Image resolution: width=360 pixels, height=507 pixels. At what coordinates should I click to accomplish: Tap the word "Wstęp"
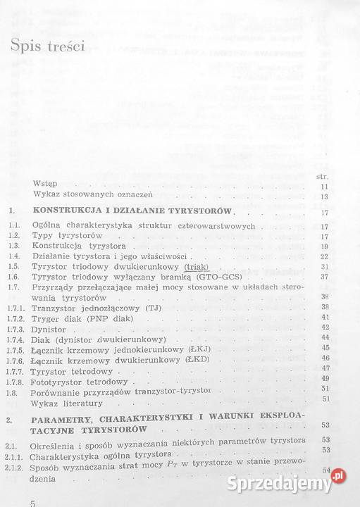click(45, 187)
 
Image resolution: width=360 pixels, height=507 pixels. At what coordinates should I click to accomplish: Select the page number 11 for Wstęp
click(325, 187)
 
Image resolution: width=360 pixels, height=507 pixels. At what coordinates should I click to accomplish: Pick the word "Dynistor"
click(50, 328)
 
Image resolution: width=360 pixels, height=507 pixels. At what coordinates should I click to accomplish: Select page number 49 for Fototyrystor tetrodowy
click(325, 378)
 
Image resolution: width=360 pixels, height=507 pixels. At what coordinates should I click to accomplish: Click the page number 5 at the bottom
click(31, 501)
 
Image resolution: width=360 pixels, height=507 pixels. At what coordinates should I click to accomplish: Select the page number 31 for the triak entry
click(325, 268)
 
